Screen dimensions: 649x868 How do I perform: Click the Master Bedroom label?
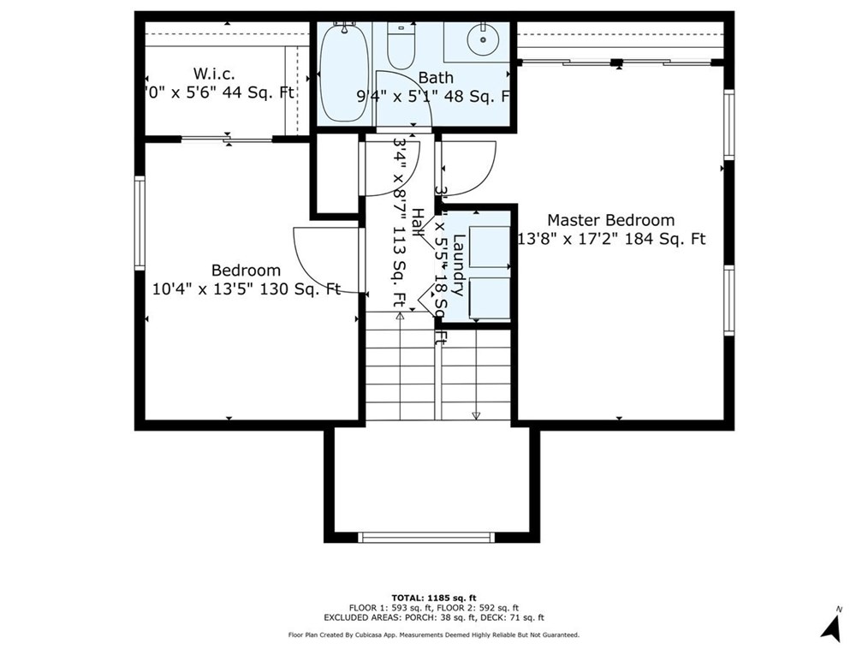pos(610,220)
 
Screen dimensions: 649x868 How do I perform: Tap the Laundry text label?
pos(459,265)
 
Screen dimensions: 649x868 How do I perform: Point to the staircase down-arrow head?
pos(476,416)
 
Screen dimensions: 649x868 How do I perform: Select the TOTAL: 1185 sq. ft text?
pos(433,596)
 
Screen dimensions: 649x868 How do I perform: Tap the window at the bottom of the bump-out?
pos(426,537)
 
